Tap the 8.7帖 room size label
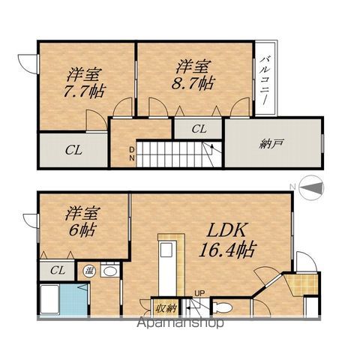[193, 83]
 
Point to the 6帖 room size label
[82, 229]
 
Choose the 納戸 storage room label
[271, 144]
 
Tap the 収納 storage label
[166, 309]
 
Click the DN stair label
[132, 154]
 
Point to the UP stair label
[199, 292]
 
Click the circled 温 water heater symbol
[89, 271]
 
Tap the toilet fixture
[223, 307]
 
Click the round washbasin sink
[110, 271]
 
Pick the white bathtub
[49, 299]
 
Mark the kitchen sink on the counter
[166, 249]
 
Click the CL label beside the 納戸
[199, 129]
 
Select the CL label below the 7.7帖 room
[73, 150]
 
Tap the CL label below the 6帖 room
[57, 270]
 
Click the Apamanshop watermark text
[180, 322]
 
